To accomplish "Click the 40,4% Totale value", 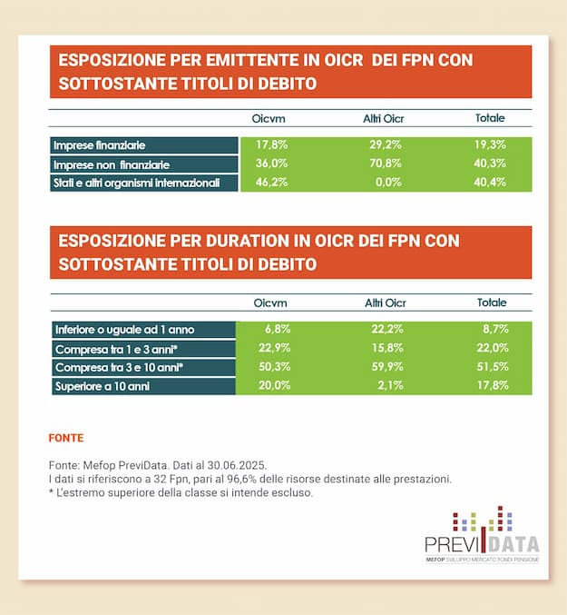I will coord(491,184).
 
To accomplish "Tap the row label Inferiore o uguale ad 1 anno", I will coord(123,330).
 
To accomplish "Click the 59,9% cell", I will coord(384,368).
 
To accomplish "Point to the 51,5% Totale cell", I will coord(492,368).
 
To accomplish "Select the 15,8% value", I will coord(384,349).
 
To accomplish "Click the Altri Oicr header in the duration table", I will coord(385,303).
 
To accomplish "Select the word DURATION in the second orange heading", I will coord(231,241).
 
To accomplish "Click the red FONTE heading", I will coord(66,438).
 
